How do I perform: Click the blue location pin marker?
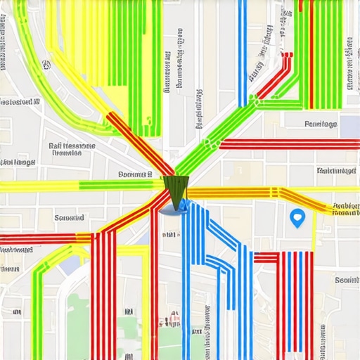click(297, 219)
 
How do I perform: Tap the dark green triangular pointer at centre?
click(176, 190)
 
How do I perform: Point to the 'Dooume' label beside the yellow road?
click(134, 174)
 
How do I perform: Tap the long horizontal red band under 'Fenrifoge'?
click(288, 144)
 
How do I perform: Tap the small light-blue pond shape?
click(70, 265)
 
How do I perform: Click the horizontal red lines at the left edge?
click(35, 239)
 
